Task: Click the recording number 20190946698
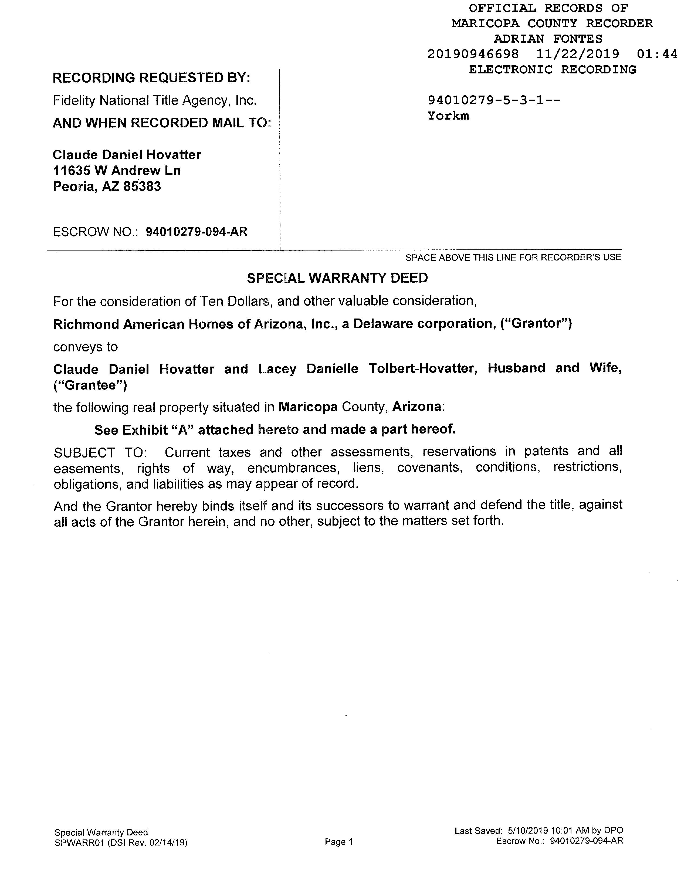473,54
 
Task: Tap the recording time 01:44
657,54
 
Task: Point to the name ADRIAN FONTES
548,39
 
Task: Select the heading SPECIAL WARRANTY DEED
337,278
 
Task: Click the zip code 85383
142,187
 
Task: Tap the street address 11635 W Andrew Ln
117,170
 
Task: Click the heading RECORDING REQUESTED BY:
151,78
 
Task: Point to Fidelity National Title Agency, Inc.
154,100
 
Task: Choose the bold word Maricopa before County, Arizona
308,407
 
